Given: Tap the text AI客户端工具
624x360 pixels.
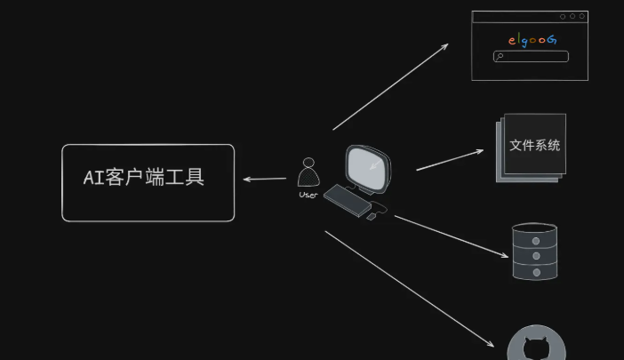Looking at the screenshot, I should pos(144,177).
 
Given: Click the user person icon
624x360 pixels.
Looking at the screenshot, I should pos(308,172).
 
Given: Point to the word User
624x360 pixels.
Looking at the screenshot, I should pos(308,195).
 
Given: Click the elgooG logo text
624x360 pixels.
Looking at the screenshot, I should pos(532,40).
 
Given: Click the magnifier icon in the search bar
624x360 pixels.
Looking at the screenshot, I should pos(500,57).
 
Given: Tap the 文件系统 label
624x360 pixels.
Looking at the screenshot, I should pos(534,145).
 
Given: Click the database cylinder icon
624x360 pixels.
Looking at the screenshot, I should pos(535,252).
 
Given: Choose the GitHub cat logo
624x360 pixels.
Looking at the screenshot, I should pos(536,348).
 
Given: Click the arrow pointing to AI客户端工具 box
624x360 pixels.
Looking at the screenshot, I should pos(264,180).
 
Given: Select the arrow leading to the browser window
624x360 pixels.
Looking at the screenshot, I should pos(391,85).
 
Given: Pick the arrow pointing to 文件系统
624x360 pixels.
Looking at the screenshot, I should pos(450,159).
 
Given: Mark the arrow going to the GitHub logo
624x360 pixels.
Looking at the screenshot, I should pos(409,289).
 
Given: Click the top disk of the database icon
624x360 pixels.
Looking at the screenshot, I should pos(535,232).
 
